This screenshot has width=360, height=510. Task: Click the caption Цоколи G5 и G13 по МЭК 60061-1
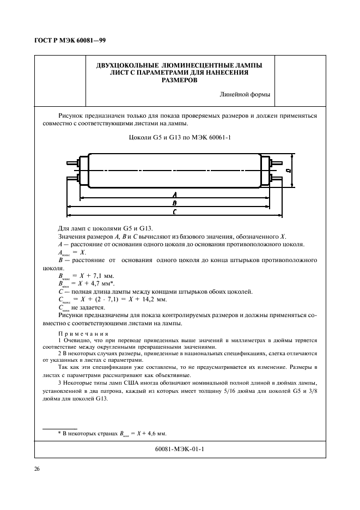(179, 137)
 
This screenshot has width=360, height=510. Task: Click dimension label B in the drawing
(174, 203)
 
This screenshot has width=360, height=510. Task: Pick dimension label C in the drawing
(174, 211)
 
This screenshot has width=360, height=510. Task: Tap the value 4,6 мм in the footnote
(155, 434)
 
